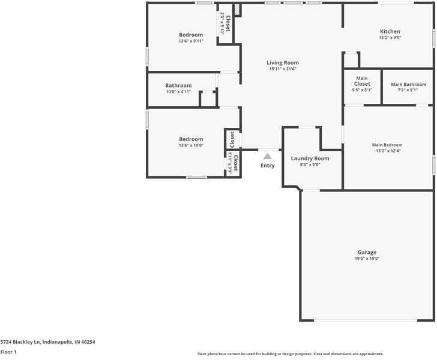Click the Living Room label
(x=283, y=62)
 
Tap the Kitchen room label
(x=390, y=31)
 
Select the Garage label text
(x=367, y=252)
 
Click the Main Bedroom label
(x=387, y=145)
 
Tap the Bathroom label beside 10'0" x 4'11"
(x=178, y=85)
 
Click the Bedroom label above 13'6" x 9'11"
(x=191, y=35)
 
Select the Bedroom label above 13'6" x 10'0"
(x=191, y=139)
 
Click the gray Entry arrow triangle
(x=268, y=156)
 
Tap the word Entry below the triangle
(x=268, y=166)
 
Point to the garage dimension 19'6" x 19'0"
(x=367, y=259)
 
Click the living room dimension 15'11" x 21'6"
(x=283, y=69)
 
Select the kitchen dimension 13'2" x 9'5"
(x=390, y=38)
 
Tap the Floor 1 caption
(x=8, y=352)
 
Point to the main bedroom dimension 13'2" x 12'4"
(x=387, y=151)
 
